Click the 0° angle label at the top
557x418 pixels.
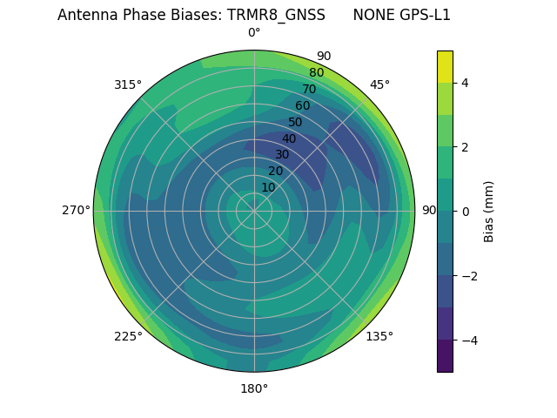point(254,33)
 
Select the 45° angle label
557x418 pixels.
point(379,84)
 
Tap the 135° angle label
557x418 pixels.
point(379,336)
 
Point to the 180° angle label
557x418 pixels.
point(254,388)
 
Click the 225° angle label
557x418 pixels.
point(128,336)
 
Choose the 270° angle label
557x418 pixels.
point(76,210)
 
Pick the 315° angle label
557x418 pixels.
point(128,84)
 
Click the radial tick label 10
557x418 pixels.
point(268,187)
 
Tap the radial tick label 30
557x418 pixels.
point(282,154)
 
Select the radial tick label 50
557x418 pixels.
point(295,122)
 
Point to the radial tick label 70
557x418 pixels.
point(309,89)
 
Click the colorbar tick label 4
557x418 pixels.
point(465,83)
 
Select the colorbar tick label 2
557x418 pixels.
point(465,147)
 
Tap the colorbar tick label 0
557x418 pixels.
point(465,212)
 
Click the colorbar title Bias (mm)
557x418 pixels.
point(489,212)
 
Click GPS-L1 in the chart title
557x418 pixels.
point(421,15)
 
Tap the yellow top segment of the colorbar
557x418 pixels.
point(445,66)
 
